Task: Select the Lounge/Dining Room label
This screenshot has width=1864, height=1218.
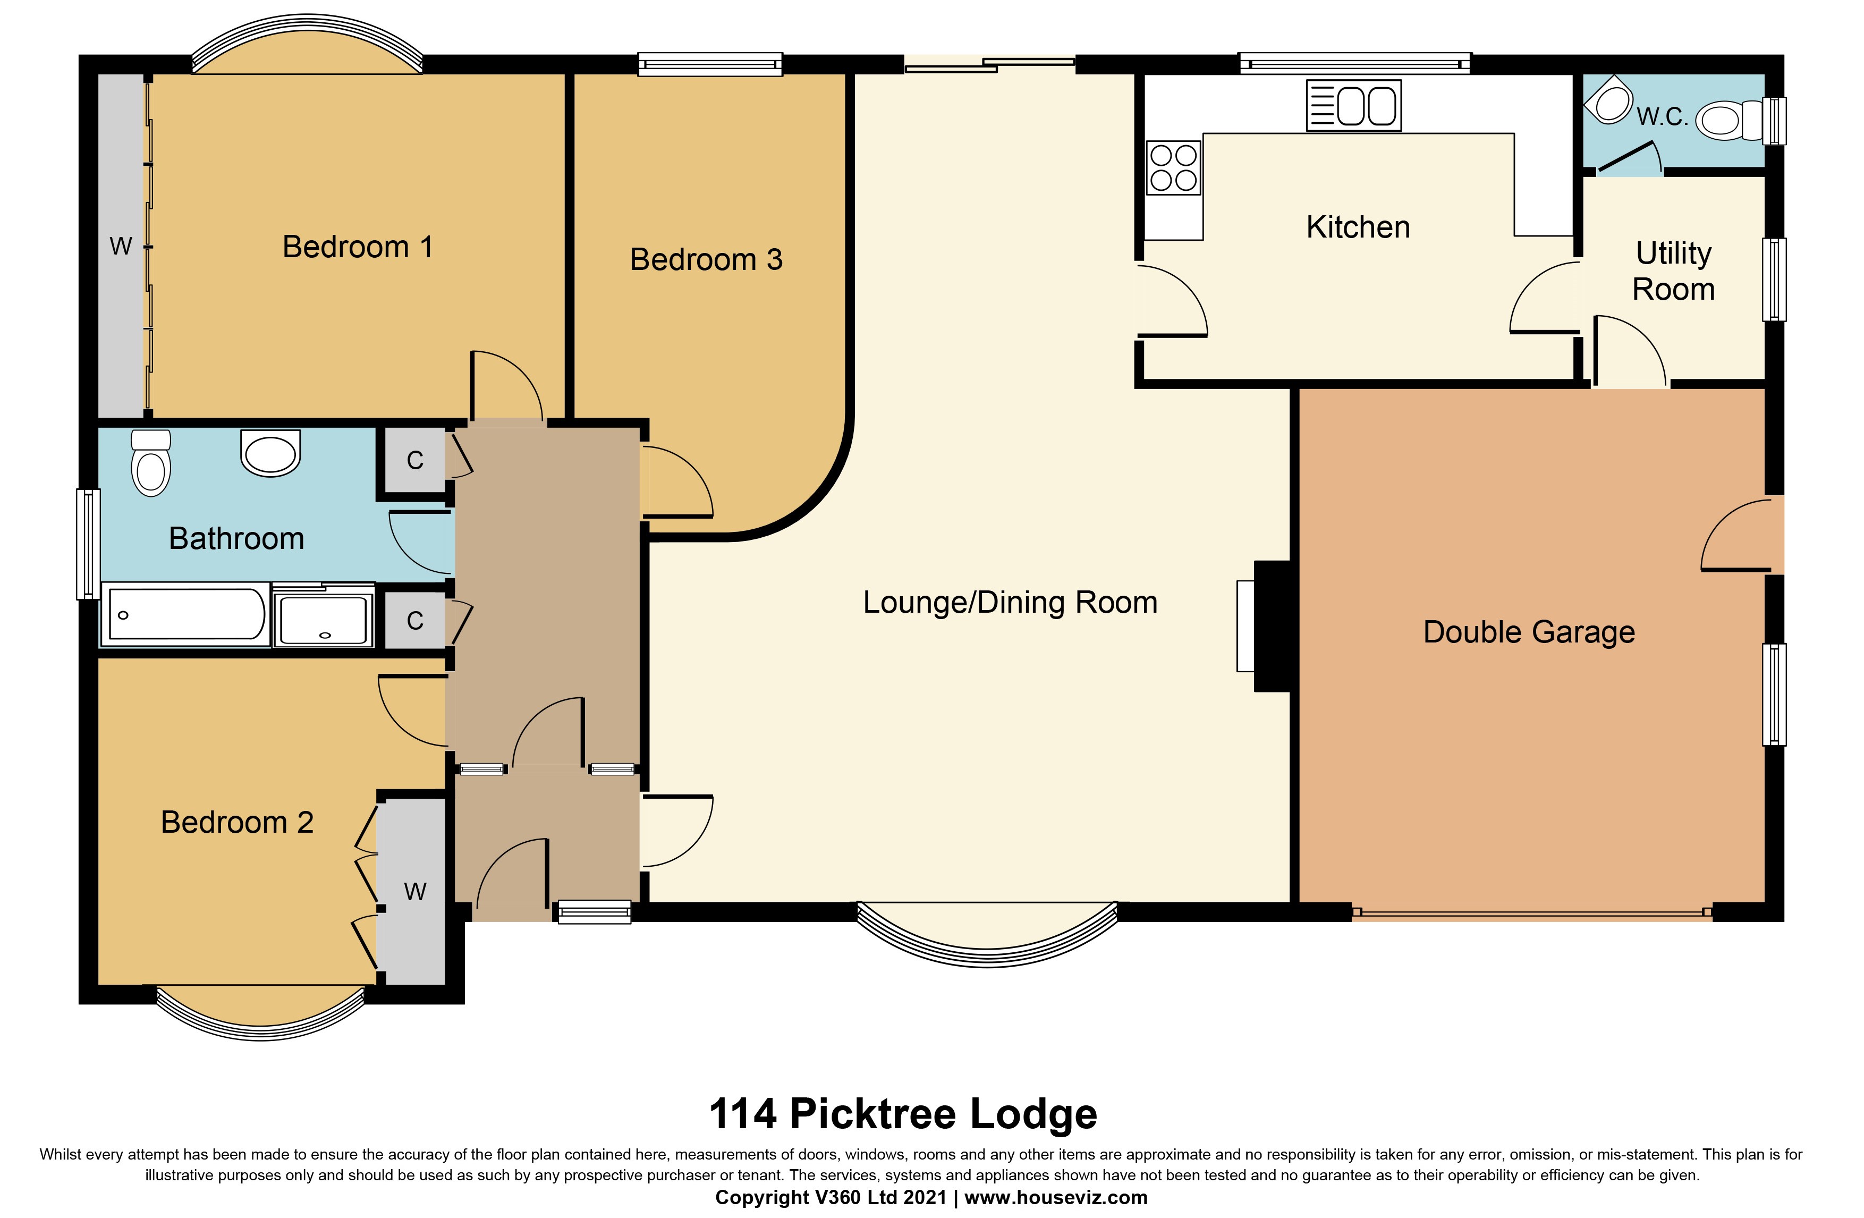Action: [1010, 602]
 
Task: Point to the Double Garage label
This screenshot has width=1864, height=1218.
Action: [1529, 631]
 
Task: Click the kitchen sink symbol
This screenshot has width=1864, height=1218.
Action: [1353, 106]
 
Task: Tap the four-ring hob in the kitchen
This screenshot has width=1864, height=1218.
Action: [1173, 167]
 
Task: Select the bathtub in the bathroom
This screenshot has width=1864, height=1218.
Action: [185, 615]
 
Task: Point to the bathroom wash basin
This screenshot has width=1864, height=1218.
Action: [270, 453]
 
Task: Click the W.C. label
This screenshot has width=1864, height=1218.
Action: [1662, 117]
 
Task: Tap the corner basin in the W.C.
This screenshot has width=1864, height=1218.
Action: [1608, 99]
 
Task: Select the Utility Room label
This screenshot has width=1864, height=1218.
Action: [1674, 271]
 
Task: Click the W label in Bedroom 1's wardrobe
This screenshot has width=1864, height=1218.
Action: [121, 246]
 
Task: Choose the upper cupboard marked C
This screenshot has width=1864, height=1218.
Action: [415, 461]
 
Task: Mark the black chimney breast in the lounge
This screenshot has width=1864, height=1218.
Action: [1273, 626]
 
